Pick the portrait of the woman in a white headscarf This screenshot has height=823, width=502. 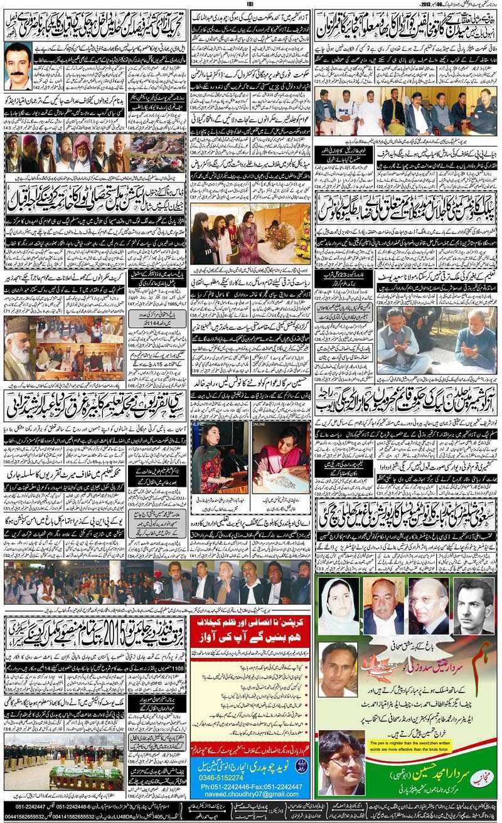click(339, 605)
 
